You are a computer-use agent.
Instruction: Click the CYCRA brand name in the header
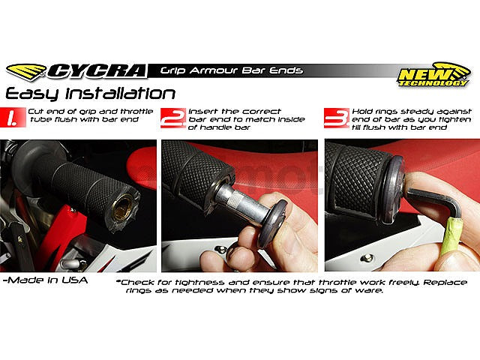point(97,71)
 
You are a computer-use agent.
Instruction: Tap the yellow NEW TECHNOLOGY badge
point(433,75)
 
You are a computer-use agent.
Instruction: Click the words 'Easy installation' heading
point(91,94)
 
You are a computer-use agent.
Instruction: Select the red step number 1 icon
point(13,117)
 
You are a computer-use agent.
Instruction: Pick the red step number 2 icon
point(173,118)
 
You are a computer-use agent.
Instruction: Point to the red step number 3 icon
point(337,118)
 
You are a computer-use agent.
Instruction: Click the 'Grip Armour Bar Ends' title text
point(232,70)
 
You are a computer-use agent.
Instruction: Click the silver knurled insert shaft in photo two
point(235,202)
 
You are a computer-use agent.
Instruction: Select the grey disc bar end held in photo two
point(272,223)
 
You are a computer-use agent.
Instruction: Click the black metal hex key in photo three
point(434,202)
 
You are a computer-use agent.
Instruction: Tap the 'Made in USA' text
point(45,280)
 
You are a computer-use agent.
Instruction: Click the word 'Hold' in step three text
point(362,112)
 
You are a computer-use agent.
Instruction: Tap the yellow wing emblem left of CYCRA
point(26,72)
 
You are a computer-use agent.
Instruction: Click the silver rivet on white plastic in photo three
point(367,258)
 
